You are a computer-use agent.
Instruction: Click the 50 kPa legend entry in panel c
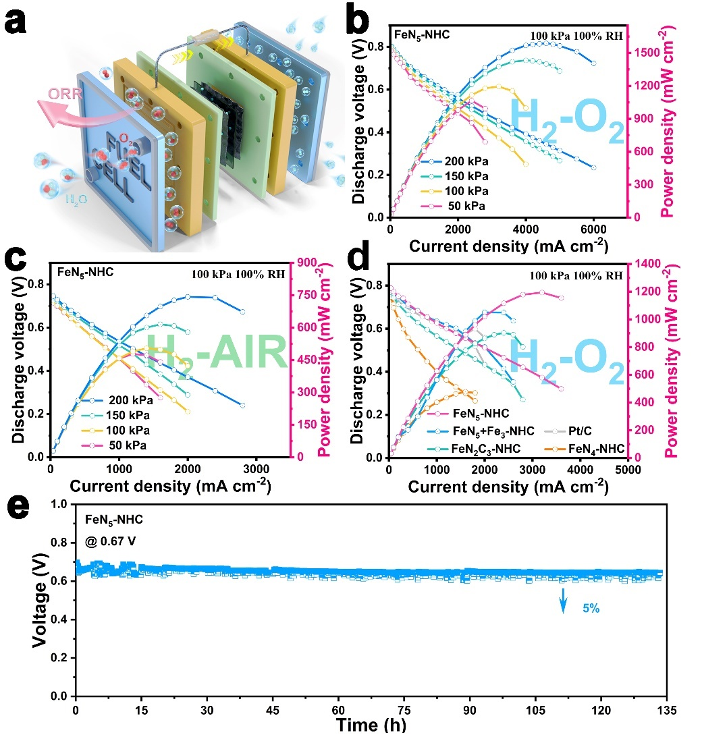click(x=126, y=445)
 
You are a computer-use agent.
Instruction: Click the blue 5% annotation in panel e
click(x=591, y=607)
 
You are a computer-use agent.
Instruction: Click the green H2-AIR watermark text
click(x=216, y=356)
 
